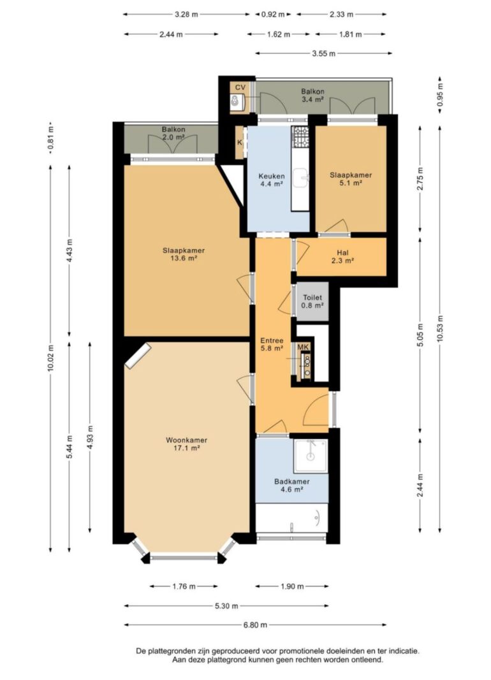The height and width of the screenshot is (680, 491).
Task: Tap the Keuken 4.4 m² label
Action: click(x=272, y=180)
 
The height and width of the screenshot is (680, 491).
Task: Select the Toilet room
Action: click(x=312, y=301)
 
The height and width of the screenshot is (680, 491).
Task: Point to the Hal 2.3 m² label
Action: click(x=342, y=257)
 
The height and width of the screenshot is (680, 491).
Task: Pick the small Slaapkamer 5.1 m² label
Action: click(x=351, y=179)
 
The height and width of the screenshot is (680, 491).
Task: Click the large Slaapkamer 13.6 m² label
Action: click(x=184, y=254)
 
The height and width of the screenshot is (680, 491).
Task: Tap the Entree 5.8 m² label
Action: click(x=272, y=344)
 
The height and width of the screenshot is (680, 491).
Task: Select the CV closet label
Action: click(x=240, y=87)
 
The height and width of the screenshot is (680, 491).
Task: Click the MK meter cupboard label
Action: click(x=303, y=347)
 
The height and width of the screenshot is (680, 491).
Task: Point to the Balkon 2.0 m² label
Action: click(x=173, y=133)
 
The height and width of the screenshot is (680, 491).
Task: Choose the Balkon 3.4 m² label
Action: click(x=312, y=96)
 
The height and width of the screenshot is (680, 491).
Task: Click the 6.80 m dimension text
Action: click(x=255, y=625)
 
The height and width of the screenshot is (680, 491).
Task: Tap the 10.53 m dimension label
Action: click(x=440, y=329)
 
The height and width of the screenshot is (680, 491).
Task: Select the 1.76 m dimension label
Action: click(x=184, y=586)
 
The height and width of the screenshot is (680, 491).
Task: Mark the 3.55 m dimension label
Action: click(x=323, y=54)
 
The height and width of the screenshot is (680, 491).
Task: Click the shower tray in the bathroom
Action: click(x=311, y=456)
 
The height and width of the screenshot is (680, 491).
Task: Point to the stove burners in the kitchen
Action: click(x=300, y=136)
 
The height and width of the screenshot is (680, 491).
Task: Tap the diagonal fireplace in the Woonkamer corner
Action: click(x=138, y=356)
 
